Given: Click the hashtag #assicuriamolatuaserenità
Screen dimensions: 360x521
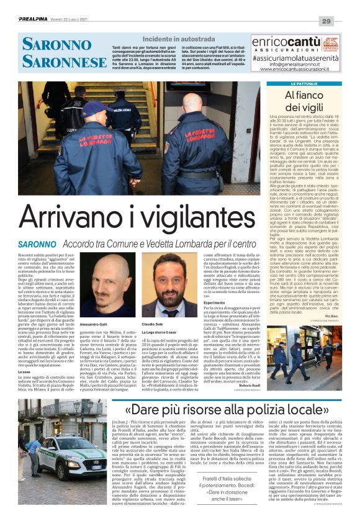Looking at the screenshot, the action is pos(308,55).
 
